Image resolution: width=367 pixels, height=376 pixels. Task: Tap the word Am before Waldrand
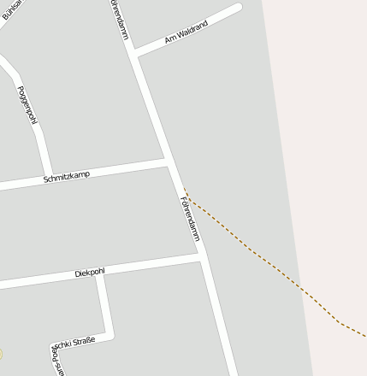(x=169, y=40)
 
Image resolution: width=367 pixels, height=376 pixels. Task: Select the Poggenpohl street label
(x=27, y=103)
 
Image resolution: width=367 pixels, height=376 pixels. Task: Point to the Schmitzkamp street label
(x=66, y=177)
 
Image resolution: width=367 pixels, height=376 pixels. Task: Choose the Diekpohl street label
(x=90, y=273)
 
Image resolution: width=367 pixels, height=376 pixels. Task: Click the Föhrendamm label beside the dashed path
(x=190, y=218)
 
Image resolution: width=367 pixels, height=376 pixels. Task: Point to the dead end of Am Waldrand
(x=238, y=9)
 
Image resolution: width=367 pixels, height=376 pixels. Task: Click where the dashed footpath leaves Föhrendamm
(x=183, y=190)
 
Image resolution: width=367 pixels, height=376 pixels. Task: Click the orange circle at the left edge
(x=1, y=353)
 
